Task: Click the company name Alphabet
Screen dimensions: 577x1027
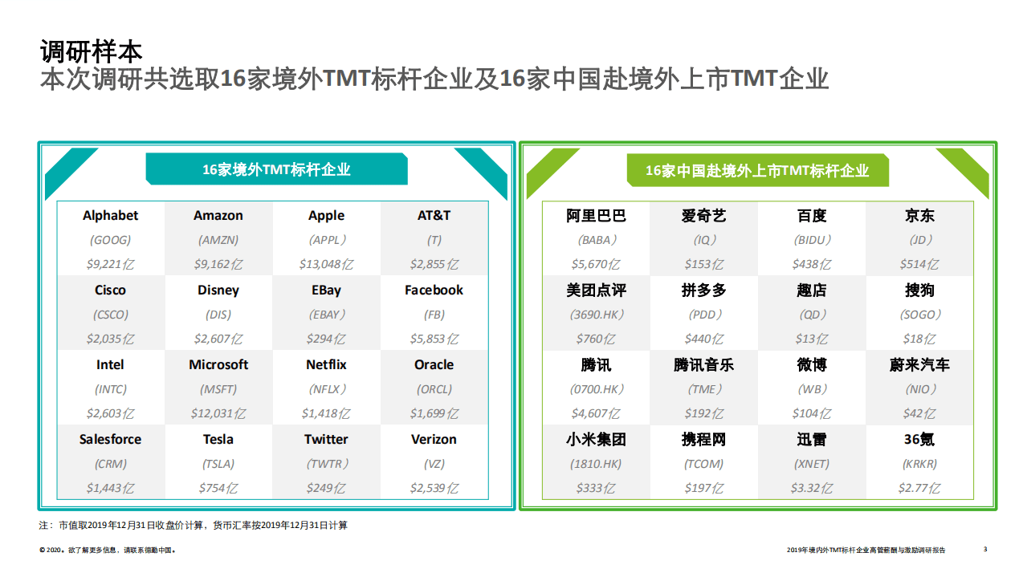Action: [x=110, y=215]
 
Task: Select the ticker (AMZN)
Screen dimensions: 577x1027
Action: [x=218, y=240]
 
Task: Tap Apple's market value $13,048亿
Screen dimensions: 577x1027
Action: [x=326, y=264]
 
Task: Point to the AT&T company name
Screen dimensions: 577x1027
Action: [x=434, y=215]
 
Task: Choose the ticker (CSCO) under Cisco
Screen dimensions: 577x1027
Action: [x=110, y=315]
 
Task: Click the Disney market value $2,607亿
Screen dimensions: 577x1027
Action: [x=218, y=339]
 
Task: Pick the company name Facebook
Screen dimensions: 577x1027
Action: [x=434, y=290]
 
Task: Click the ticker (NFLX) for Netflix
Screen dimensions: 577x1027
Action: [x=326, y=389]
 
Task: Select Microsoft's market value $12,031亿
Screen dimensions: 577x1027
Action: [x=218, y=413]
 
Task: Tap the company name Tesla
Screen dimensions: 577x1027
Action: [x=218, y=439]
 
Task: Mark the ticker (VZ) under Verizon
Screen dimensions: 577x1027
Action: [x=434, y=464]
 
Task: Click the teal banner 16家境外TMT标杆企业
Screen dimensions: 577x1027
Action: [x=276, y=169]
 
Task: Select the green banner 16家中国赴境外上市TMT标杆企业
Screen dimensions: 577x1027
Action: [x=757, y=171]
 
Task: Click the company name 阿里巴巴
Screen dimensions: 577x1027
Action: [x=596, y=215]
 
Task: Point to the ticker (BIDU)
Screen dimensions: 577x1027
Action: [x=812, y=240]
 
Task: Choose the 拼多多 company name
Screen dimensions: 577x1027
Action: [x=703, y=290]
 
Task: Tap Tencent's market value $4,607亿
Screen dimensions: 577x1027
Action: [x=596, y=413]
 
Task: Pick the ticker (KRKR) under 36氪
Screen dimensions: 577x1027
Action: [x=919, y=464]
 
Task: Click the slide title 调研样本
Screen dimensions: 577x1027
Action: [x=92, y=52]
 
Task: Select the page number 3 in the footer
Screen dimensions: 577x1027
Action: [x=985, y=549]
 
